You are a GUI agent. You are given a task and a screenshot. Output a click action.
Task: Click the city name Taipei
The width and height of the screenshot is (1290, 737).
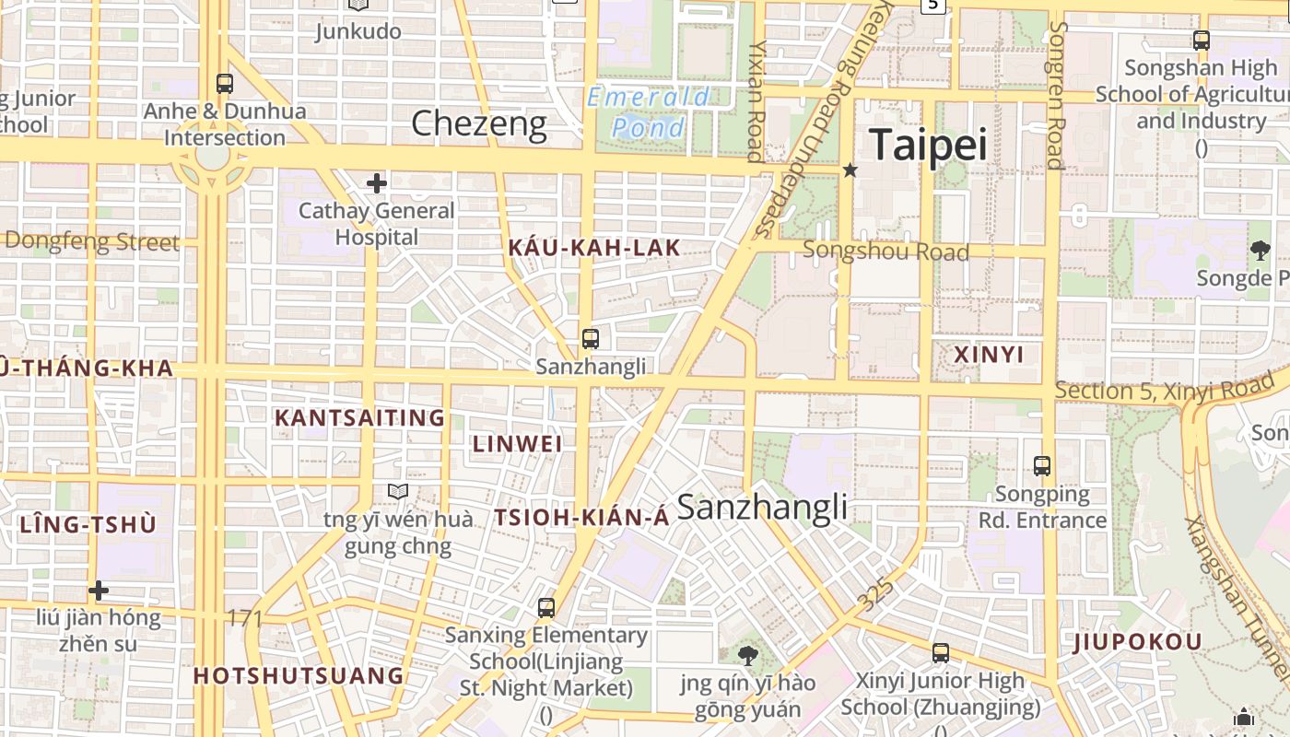(x=927, y=145)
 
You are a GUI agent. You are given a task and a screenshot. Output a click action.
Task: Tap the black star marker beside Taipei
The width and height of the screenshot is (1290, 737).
(x=850, y=170)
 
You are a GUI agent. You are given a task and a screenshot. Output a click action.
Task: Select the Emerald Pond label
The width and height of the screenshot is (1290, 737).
(x=649, y=111)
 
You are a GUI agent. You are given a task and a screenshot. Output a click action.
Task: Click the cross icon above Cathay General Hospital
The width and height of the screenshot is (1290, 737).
(x=376, y=183)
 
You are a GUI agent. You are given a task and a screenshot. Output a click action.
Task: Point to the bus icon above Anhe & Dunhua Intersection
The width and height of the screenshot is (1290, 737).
(x=224, y=84)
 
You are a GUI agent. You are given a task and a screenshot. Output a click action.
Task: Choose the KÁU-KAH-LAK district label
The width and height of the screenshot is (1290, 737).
(x=593, y=247)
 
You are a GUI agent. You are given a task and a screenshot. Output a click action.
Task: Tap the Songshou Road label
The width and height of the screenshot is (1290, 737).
(x=885, y=251)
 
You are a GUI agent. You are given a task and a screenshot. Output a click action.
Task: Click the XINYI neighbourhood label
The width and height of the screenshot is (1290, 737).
(x=989, y=355)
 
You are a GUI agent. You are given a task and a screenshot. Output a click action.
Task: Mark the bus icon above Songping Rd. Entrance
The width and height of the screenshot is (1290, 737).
(x=1042, y=466)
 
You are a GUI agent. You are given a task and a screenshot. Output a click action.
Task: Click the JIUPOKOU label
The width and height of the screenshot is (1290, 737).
(x=1138, y=642)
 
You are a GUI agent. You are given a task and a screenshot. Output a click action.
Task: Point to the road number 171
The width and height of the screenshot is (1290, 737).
(x=244, y=617)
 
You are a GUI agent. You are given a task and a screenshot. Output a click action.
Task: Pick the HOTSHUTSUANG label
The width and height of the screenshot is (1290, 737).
(x=299, y=675)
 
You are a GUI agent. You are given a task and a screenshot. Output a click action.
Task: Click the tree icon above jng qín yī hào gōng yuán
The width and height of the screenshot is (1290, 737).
(x=748, y=655)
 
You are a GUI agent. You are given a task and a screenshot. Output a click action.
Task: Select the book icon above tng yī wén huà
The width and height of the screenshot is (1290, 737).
(x=397, y=491)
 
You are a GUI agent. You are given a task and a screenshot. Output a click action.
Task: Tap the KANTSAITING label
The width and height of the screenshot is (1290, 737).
(x=360, y=418)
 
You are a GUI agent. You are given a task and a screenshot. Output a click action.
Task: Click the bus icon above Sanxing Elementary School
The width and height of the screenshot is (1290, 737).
(x=546, y=608)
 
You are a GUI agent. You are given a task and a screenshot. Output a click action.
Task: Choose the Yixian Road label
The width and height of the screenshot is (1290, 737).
(x=756, y=101)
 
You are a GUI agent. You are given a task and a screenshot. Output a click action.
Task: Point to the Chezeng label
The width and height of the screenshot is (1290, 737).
(x=478, y=123)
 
